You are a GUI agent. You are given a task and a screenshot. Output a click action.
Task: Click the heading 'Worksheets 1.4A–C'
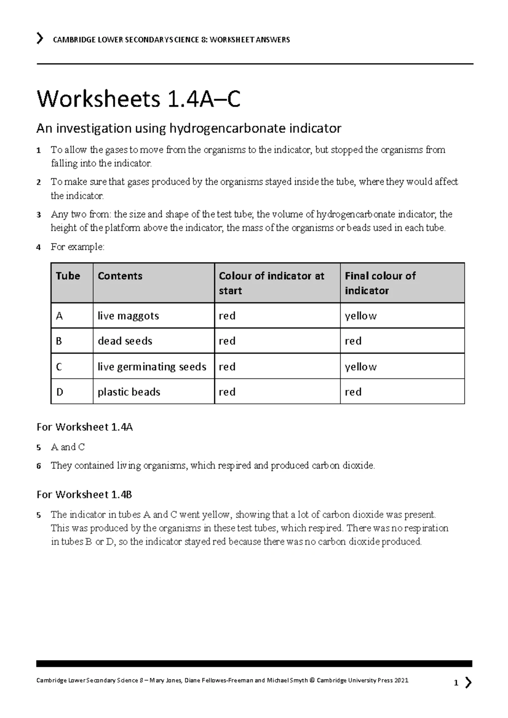[x=138, y=100]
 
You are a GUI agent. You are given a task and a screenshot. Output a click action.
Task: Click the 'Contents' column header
[x=120, y=276]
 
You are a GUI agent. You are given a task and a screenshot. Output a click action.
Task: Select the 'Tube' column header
[x=68, y=276]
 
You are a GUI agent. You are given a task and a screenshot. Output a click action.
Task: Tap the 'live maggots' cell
[x=128, y=316]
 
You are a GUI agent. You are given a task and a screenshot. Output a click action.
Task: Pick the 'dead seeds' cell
[x=125, y=341]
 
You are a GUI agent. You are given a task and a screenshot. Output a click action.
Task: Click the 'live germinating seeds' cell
[x=152, y=367]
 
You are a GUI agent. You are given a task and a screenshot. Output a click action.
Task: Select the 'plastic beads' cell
[x=129, y=392]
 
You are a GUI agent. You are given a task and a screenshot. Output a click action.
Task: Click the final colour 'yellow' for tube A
[x=361, y=316]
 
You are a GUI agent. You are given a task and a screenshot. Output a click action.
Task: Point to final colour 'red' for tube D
[x=353, y=392]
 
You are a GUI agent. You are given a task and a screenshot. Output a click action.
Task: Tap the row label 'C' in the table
[x=59, y=367]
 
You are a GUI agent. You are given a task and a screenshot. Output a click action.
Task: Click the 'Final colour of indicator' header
[x=380, y=283]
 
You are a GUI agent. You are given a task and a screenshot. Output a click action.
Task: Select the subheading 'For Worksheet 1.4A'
[x=85, y=427]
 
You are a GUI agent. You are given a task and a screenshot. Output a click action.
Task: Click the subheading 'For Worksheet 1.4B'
[x=84, y=494]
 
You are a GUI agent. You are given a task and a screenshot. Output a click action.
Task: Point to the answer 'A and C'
[x=68, y=447]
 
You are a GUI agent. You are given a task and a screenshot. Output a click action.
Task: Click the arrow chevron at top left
[x=40, y=39]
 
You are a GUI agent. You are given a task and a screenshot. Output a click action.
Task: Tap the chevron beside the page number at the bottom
[x=468, y=682]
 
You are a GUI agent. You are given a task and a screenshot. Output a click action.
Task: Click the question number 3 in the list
[x=39, y=215]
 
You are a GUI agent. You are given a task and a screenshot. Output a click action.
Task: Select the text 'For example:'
[x=77, y=247]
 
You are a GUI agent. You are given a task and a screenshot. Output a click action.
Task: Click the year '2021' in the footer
[x=401, y=680]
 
